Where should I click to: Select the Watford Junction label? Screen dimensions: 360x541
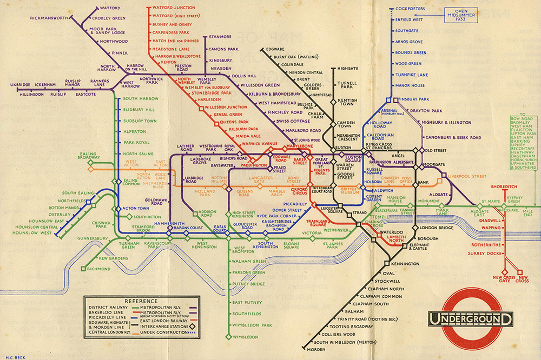pos(174,8)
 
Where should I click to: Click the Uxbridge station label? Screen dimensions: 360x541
pos(21,85)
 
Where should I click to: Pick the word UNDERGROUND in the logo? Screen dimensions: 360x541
pos(470,319)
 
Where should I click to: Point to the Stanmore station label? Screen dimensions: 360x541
pos(220,37)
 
